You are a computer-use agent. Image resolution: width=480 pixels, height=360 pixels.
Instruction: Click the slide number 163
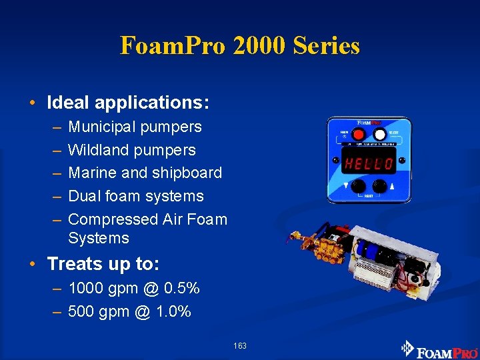240,345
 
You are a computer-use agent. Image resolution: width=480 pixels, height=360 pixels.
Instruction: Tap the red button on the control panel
359,134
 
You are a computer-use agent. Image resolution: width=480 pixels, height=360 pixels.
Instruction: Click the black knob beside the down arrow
359,186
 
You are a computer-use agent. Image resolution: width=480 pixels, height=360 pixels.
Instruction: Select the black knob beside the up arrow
381,186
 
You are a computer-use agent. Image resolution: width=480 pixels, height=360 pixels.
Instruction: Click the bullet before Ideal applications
33,103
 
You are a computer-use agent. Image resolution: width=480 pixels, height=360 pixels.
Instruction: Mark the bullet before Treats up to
33,265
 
